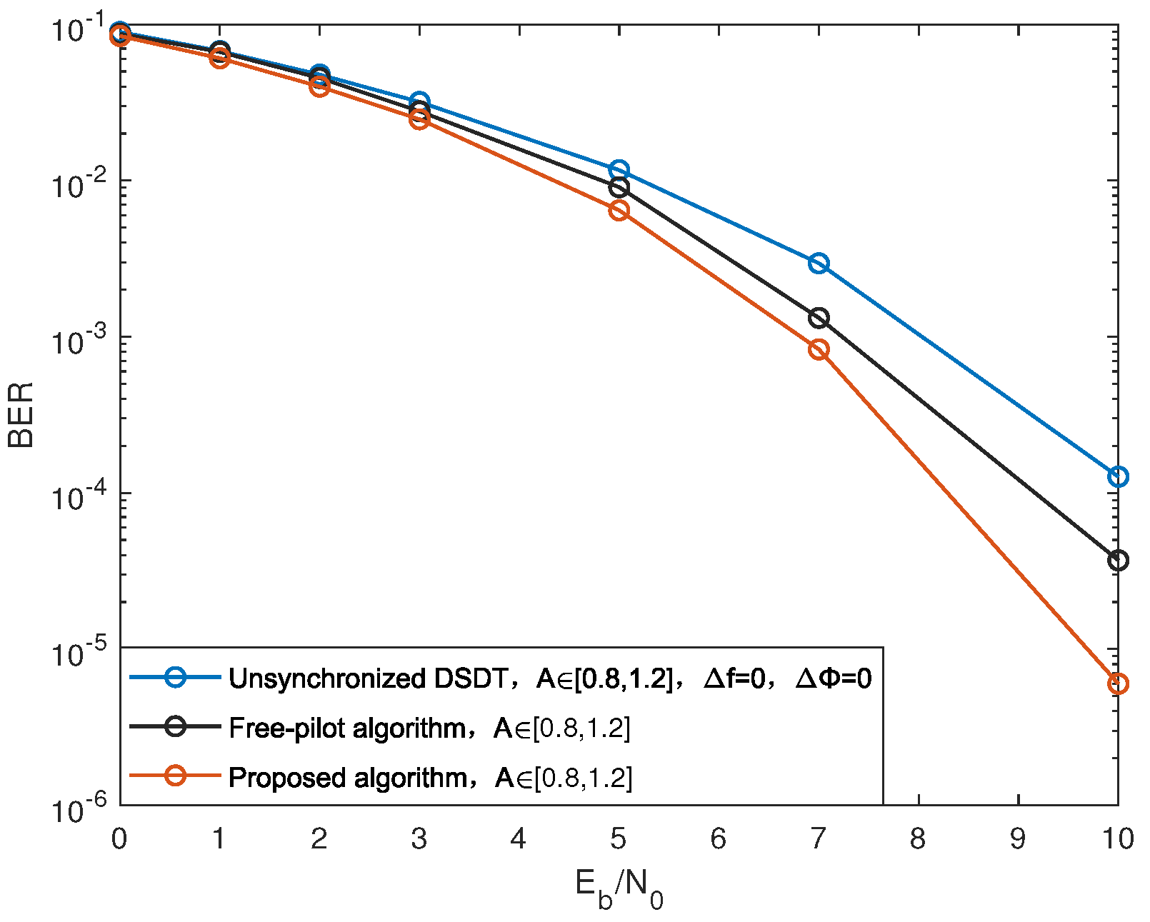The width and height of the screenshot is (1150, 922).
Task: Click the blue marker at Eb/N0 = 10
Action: (1118, 476)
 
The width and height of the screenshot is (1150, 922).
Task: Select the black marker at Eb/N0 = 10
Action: (1118, 561)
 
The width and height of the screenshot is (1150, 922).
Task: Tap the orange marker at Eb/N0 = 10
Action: (1118, 683)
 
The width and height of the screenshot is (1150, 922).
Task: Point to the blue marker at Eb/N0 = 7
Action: (819, 264)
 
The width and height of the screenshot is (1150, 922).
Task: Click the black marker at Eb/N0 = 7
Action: (819, 318)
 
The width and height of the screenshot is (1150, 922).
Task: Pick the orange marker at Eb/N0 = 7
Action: (819, 350)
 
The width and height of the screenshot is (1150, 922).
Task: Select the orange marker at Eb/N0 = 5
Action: (619, 211)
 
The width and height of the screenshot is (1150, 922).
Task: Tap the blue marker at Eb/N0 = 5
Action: (619, 170)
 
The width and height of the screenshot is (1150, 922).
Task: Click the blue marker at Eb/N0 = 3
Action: (419, 101)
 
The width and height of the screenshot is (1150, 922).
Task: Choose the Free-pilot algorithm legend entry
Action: (347, 728)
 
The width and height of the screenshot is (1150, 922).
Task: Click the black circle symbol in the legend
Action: (176, 726)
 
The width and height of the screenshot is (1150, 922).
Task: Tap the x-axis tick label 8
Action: (918, 839)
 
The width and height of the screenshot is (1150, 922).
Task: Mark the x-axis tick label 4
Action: (519, 839)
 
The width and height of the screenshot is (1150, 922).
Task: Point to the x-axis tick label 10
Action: (1116, 839)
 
